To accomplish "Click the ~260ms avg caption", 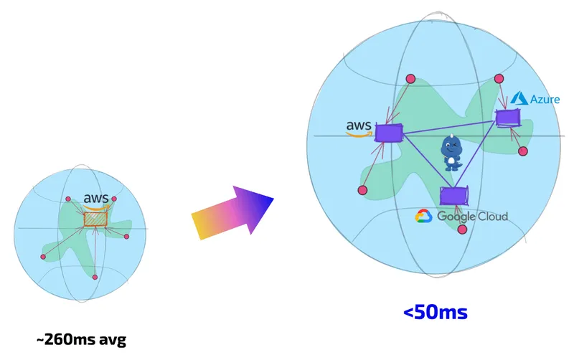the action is pyautogui.click(x=81, y=339).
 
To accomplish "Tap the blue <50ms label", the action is pyautogui.click(x=436, y=313).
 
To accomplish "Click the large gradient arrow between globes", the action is pyautogui.click(x=232, y=212).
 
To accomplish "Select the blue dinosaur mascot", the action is pyautogui.click(x=453, y=152).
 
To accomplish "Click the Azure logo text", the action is pyautogui.click(x=545, y=99).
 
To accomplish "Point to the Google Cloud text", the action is pyautogui.click(x=473, y=217).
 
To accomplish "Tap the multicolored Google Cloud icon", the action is pyautogui.click(x=423, y=216).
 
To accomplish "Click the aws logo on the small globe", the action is pyautogui.click(x=96, y=201).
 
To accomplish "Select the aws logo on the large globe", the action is pyautogui.click(x=359, y=128).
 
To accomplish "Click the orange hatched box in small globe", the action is pyautogui.click(x=95, y=219).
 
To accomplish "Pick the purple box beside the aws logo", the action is pyautogui.click(x=389, y=133).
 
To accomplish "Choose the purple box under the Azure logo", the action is pyautogui.click(x=508, y=118).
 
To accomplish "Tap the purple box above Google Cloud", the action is pyautogui.click(x=454, y=196).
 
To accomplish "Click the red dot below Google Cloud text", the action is pyautogui.click(x=462, y=229).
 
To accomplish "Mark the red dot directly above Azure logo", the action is pyautogui.click(x=499, y=79).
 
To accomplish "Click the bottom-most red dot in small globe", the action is pyautogui.click(x=95, y=278).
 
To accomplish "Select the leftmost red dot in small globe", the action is pyautogui.click(x=43, y=257).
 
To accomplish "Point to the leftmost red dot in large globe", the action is pyautogui.click(x=362, y=190).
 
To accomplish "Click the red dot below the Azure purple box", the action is pyautogui.click(x=523, y=151).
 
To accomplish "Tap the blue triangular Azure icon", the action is pyautogui.click(x=519, y=98).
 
